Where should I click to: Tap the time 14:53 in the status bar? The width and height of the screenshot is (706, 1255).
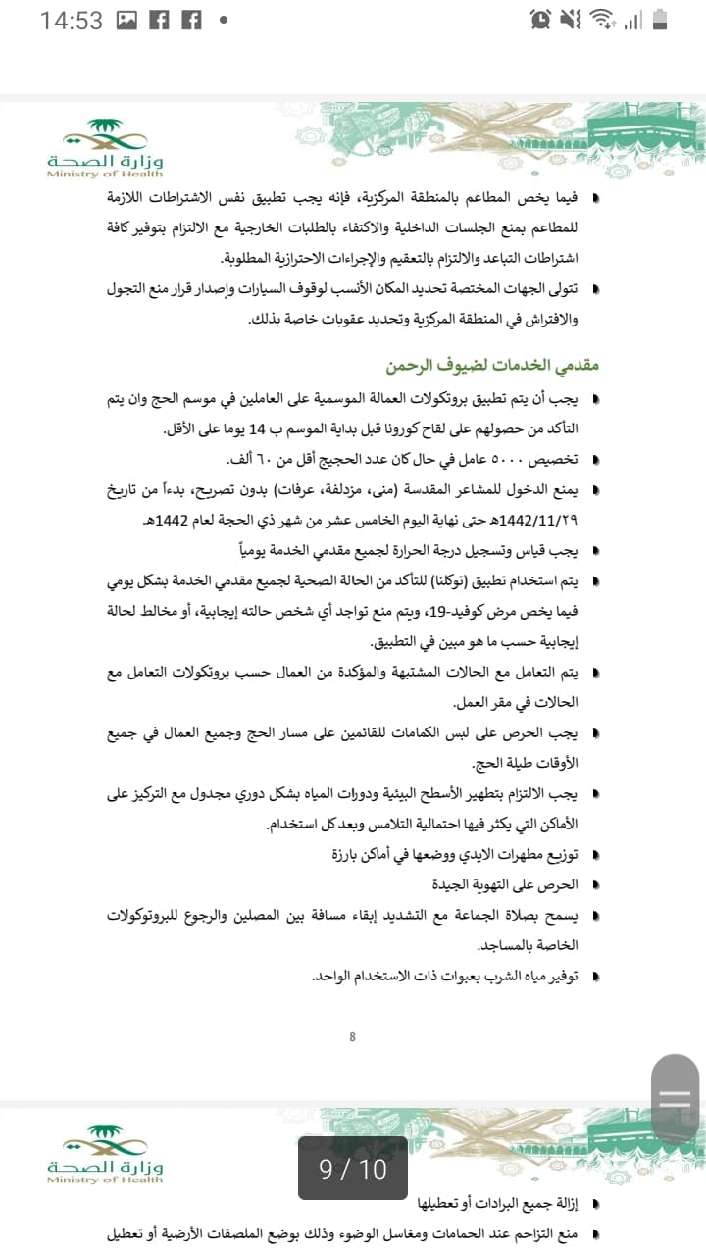(x=71, y=20)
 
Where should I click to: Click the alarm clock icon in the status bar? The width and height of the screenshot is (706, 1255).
(x=539, y=19)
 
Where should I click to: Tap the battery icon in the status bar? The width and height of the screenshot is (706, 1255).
(x=660, y=19)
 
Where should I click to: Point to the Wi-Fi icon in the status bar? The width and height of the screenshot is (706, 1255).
(x=604, y=19)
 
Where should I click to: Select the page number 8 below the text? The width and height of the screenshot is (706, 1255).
(x=352, y=1037)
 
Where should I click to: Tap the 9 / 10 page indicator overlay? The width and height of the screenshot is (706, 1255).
(x=353, y=1169)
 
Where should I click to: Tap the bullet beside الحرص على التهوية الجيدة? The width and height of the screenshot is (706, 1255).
(x=597, y=886)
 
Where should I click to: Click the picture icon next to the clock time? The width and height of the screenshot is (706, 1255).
(x=126, y=20)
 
